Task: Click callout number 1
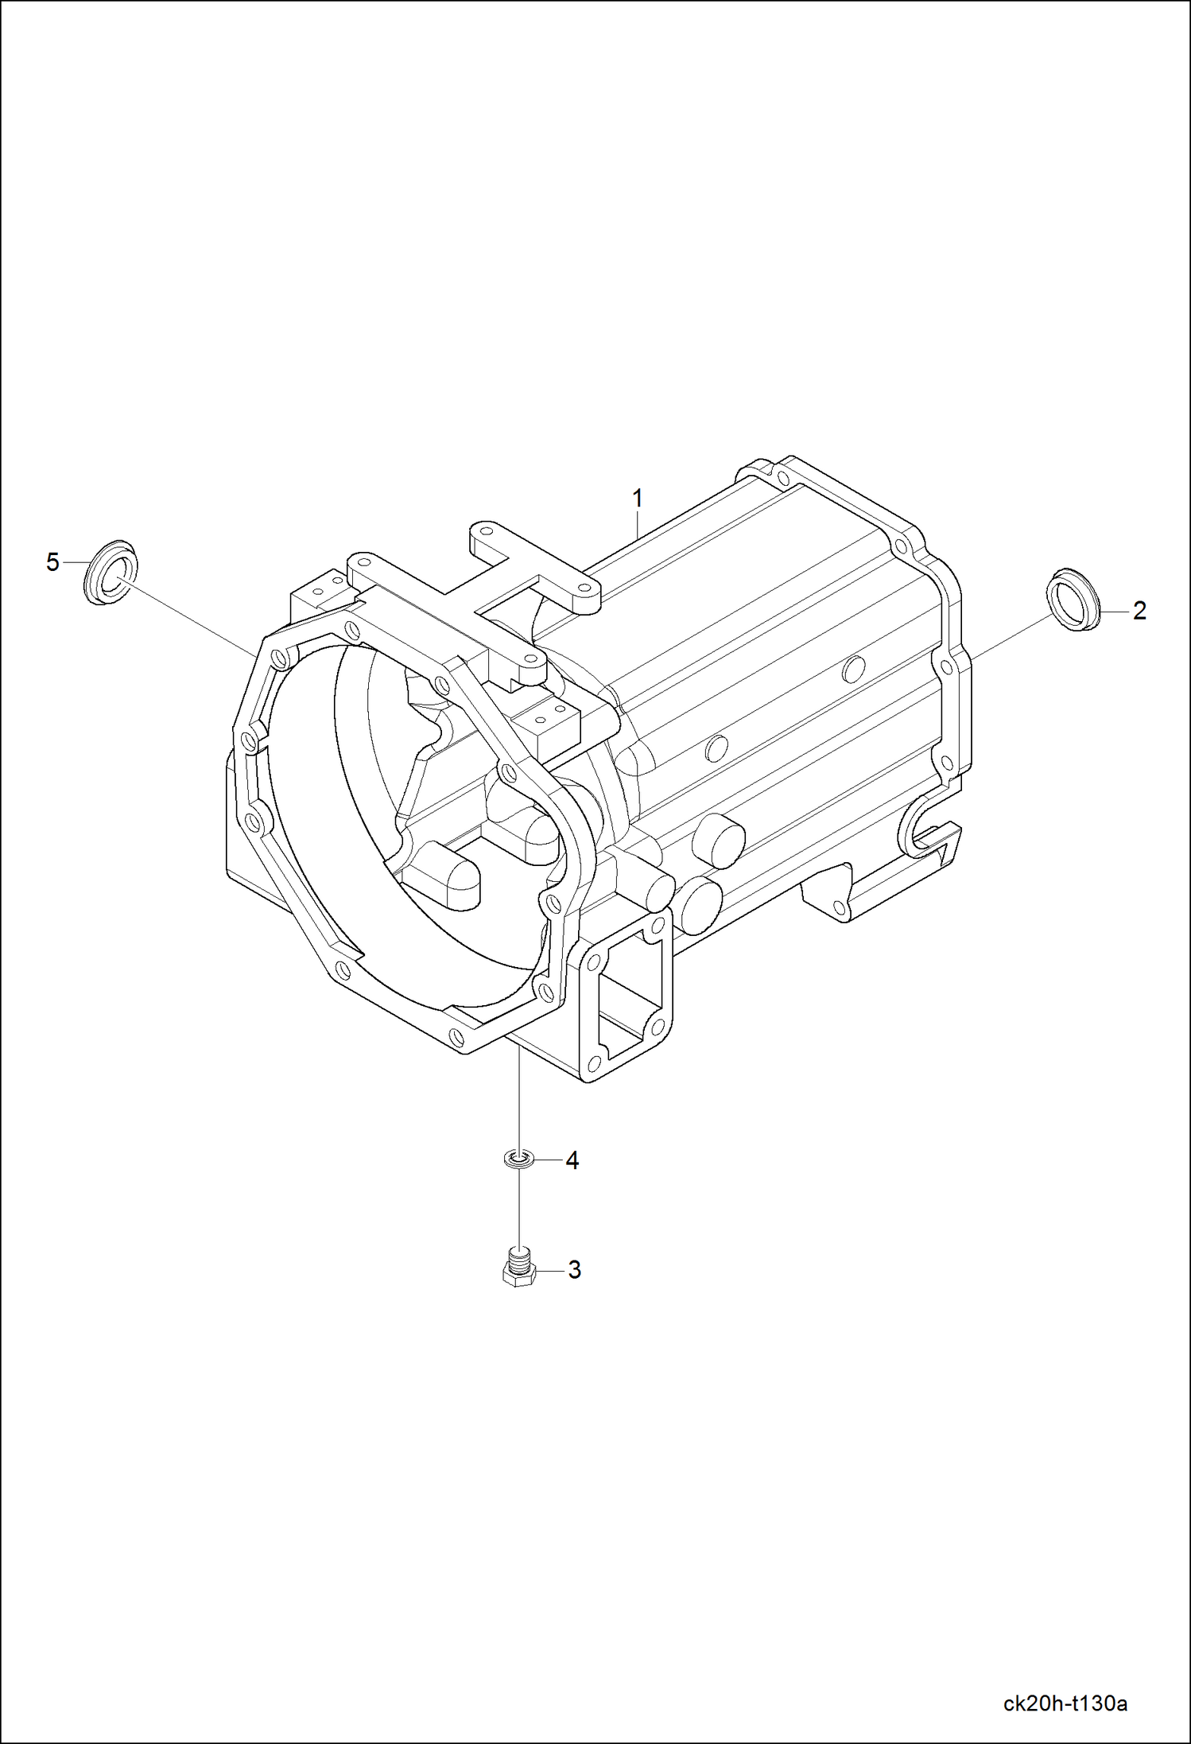[x=637, y=499]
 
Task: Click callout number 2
[x=1139, y=611]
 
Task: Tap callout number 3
[x=574, y=1270]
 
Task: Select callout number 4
[x=572, y=1160]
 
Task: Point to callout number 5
[x=52, y=562]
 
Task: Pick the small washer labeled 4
[x=518, y=1160]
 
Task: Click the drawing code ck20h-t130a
[x=1065, y=1703]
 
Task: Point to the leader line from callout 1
[x=637, y=525]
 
